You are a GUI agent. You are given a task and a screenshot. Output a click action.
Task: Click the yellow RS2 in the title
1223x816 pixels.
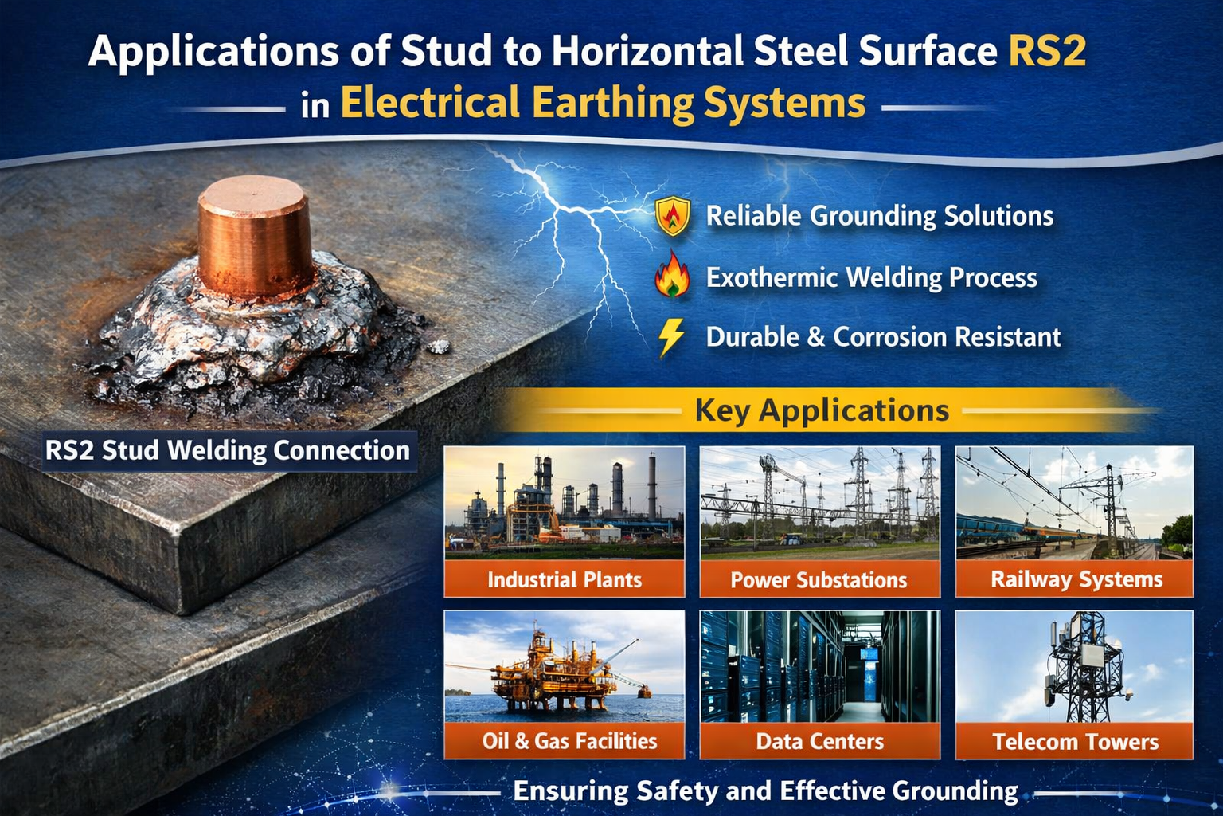coord(1047,51)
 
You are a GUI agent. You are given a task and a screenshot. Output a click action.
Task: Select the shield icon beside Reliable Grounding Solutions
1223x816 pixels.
coord(673,216)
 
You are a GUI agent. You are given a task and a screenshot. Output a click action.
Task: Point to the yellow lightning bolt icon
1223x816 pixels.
coord(671,337)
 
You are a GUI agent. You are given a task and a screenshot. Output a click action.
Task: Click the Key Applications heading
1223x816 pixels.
coord(822,410)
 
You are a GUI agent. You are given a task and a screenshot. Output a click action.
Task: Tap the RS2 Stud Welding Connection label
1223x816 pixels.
coord(228,450)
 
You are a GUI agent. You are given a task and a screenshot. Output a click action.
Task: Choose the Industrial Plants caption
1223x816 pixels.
coord(565,579)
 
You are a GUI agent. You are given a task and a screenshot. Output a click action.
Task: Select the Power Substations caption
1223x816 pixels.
coord(819,580)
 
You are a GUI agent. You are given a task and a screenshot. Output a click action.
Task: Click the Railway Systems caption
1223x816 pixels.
coord(1076,579)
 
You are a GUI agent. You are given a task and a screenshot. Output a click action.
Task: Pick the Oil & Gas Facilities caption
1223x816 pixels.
coord(569,741)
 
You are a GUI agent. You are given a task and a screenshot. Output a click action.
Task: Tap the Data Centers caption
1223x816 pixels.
coord(819,742)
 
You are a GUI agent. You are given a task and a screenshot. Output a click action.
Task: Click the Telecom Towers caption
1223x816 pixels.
coord(1076,742)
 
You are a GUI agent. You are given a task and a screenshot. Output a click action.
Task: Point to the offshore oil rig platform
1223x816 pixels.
coord(557,669)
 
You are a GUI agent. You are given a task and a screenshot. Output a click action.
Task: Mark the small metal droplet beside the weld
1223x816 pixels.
coord(438,347)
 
